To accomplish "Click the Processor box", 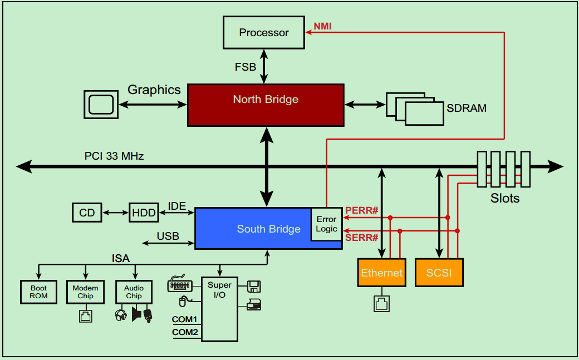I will pos(264,32).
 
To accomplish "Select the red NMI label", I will pos(323,26).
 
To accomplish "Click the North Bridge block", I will pos(266,105).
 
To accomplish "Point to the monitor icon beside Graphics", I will pos(101,104).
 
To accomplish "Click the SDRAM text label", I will pos(467,108).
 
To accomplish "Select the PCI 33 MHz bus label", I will pos(114,156).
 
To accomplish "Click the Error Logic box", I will pos(326,224).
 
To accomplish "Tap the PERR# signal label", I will pos(362,210).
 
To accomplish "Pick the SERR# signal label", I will pos(362,238).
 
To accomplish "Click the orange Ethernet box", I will pos(381,273).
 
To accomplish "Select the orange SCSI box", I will pos(439,273).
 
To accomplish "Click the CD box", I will pos(87,213).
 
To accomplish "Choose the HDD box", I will pos(144,213).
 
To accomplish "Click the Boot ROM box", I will pos(39,292).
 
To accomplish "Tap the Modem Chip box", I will pos(85,292).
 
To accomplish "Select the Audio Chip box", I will pos(134,292).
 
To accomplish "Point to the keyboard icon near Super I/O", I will pos(180,284).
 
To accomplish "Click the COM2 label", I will pos(185,332).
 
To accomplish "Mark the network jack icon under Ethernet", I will pos(381,304).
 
